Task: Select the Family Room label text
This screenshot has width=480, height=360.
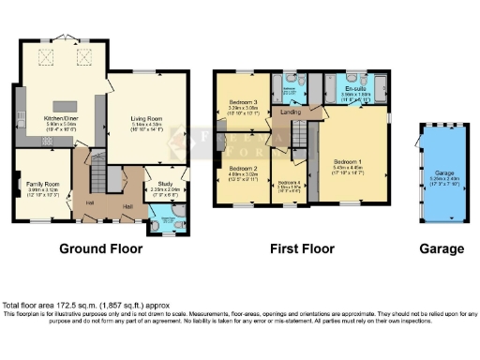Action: point(42,183)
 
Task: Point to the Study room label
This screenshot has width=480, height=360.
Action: point(164,185)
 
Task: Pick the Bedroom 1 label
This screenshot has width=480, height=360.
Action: point(347,161)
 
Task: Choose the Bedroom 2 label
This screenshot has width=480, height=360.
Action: point(242,170)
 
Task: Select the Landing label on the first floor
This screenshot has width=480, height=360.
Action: point(290,112)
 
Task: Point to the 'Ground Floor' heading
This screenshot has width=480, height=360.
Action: point(101,249)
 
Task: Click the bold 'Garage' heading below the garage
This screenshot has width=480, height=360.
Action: point(442,249)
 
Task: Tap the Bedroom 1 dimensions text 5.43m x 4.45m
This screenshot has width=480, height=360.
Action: point(347,168)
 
